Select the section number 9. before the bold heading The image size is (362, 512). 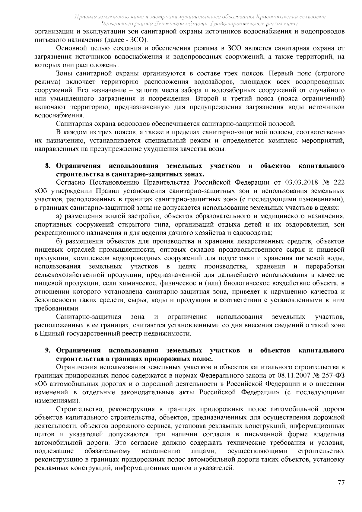pos(48,350)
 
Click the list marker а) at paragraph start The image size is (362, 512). pos(59,216)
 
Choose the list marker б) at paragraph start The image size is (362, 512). pos(59,241)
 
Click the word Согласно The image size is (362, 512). pos(71,183)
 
